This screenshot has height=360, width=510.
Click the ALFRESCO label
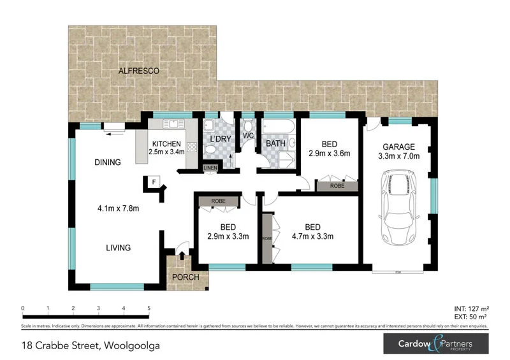click(138, 70)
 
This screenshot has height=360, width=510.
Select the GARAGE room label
click(398, 146)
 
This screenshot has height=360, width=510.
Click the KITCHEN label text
click(166, 144)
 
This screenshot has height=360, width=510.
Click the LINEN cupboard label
click(210, 168)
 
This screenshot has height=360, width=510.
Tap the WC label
click(249, 135)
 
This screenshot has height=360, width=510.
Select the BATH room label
click(275, 144)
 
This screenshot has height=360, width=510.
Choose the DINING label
click(108, 162)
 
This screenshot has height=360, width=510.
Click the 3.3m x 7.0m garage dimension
click(398, 155)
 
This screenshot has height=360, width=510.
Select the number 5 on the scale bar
click(149, 308)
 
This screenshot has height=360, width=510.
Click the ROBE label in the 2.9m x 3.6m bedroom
click(337, 187)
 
